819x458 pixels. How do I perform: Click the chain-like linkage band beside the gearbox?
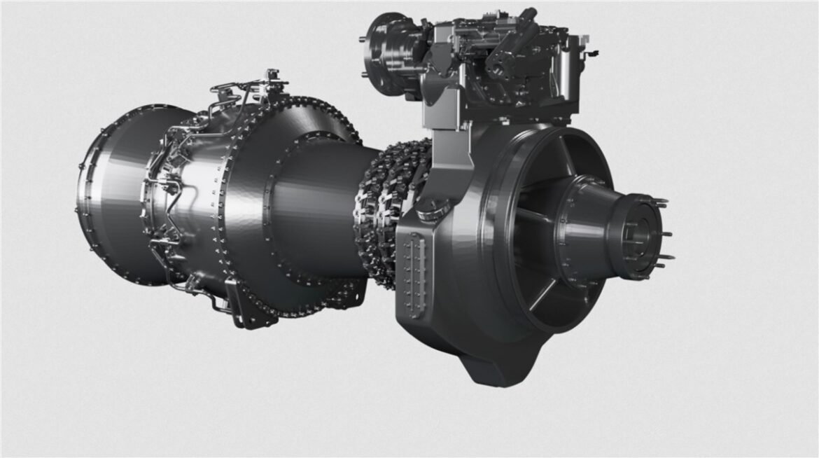click(x=381, y=210)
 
